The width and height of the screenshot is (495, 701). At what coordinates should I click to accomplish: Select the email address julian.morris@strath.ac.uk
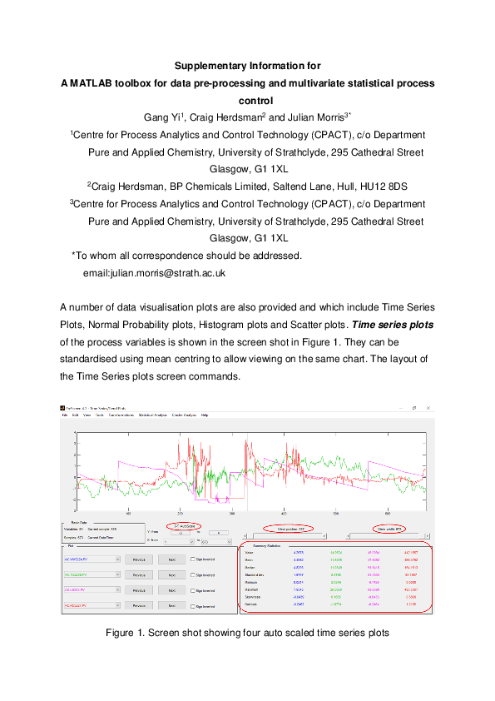[156, 272]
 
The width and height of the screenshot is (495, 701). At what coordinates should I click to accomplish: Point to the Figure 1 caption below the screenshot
[247, 634]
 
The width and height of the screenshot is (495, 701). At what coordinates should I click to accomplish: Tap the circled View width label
[389, 529]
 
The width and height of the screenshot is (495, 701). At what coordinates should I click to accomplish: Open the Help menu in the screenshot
[205, 415]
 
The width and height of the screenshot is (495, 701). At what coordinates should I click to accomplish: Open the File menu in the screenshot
[64, 415]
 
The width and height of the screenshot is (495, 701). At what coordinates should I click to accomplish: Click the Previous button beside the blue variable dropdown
[139, 560]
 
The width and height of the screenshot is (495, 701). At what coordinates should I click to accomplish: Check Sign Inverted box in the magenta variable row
[193, 590]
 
